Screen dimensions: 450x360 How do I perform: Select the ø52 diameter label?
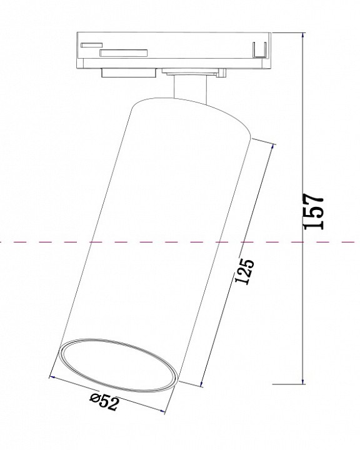tap(104, 404)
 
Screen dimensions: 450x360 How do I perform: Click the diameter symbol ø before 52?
tap(94, 399)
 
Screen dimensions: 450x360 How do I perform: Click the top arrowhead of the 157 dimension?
tap(303, 36)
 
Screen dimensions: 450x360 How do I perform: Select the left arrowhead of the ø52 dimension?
tap(52, 377)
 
